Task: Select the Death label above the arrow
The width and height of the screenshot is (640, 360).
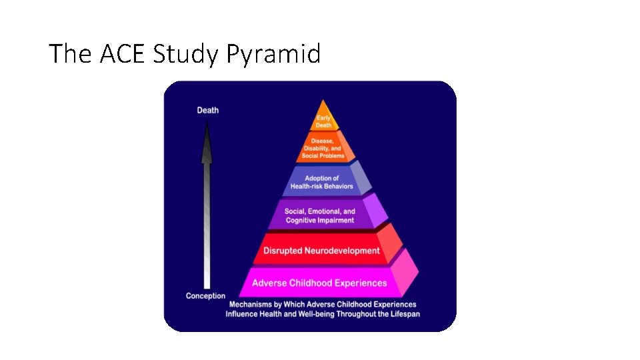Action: click(x=207, y=110)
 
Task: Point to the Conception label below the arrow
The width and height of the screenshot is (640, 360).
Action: click(x=205, y=296)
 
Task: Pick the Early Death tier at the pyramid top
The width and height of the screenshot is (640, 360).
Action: click(x=323, y=121)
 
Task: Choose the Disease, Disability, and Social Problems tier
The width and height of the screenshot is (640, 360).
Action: click(x=323, y=148)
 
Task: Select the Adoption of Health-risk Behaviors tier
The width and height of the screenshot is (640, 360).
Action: click(x=322, y=182)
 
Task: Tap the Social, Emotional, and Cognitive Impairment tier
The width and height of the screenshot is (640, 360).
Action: click(x=320, y=215)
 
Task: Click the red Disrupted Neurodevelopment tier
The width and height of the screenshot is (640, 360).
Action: click(x=321, y=251)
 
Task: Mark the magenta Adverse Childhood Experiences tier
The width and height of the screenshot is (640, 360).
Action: click(x=319, y=283)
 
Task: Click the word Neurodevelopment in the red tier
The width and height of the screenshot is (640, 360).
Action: click(x=343, y=251)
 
